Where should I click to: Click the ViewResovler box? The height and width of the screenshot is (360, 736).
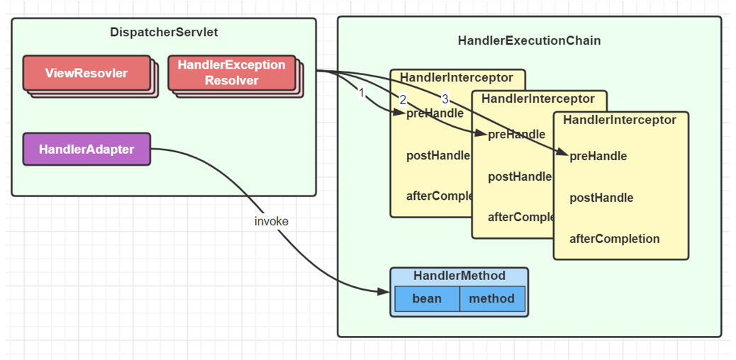[87, 73]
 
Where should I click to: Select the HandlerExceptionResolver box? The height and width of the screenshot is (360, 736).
[231, 72]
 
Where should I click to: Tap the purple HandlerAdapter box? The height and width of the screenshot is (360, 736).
[87, 149]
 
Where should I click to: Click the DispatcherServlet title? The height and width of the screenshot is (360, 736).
[164, 32]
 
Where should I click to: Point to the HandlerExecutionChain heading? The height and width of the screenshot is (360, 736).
[529, 40]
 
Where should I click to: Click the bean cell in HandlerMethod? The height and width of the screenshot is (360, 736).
[427, 298]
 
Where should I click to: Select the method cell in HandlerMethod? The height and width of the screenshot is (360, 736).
[491, 298]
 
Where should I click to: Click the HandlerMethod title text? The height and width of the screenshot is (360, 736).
[459, 276]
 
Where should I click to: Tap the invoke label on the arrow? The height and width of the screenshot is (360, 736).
[272, 221]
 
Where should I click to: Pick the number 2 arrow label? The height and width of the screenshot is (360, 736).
[403, 99]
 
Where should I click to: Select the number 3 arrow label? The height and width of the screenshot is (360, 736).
[445, 99]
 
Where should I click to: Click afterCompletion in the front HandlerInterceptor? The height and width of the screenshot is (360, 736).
[614, 239]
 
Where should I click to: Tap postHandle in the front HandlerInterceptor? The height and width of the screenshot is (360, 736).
[601, 198]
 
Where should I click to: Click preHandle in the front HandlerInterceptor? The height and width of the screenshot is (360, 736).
[598, 156]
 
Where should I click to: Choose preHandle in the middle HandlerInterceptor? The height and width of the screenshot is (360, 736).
[516, 135]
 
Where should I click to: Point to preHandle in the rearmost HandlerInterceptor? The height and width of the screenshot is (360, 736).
[435, 113]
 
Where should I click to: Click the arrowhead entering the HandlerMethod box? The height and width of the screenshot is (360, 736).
[383, 292]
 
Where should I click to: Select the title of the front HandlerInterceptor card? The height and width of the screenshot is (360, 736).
[620, 120]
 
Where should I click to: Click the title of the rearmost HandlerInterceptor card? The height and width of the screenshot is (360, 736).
[457, 77]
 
